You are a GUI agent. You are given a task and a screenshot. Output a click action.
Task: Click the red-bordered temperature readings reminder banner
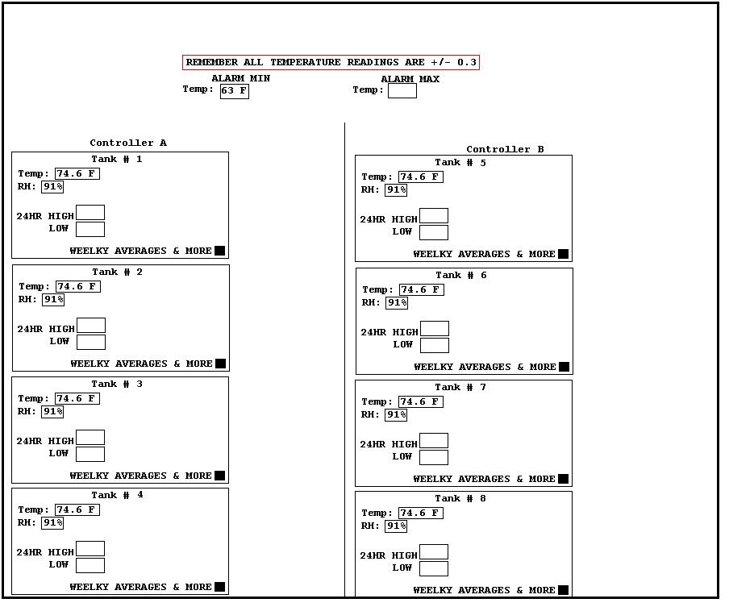pos(331,62)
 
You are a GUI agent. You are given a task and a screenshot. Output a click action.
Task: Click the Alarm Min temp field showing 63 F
pos(235,90)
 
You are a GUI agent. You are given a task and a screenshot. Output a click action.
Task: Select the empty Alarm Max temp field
pos(402,90)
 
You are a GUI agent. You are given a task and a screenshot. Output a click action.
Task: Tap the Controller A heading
pos(128,143)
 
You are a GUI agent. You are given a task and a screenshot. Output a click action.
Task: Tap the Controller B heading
pos(505,149)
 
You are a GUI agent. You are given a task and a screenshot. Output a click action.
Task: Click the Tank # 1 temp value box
pos(77,173)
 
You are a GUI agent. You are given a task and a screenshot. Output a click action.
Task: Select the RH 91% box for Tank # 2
pos(53,300)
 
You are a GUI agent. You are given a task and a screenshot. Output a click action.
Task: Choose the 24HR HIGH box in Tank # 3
pos(90,438)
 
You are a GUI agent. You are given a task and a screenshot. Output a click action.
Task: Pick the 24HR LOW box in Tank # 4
pos(90,565)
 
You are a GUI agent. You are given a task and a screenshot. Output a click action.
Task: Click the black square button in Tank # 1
pos(220,251)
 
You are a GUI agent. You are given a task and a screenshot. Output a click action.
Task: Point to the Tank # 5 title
pos(460,162)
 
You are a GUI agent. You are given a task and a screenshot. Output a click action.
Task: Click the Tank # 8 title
pos(460,498)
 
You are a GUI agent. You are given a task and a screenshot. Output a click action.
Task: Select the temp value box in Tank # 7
pos(421,401)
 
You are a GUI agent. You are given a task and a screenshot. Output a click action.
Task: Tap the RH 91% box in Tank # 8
pos(396,526)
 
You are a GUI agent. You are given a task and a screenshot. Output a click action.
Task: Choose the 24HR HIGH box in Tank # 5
pos(434,216)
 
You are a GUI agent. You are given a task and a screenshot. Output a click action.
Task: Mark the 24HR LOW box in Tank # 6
pos(435,345)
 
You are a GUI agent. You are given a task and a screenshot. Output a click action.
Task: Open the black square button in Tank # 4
pos(220,587)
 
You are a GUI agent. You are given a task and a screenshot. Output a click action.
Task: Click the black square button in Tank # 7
pos(563,479)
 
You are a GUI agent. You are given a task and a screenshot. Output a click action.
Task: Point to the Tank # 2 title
pos(117,272)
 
